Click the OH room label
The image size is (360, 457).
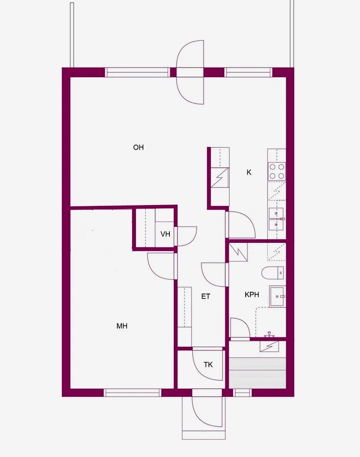coord(138,147)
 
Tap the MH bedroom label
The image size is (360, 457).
coord(122,326)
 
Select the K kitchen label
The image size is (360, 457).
coord(249,172)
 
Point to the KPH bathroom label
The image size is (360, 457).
coord(252,295)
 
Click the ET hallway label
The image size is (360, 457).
coord(206,297)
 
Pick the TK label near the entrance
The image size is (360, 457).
coord(208,365)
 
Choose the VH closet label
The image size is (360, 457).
coord(165,234)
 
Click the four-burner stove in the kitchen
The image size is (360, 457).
coord(277,171)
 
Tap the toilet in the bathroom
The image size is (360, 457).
coord(272,273)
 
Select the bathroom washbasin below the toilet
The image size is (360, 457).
coord(277,296)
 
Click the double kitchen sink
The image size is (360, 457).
coord(276,219)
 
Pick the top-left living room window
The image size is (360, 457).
coord(137,72)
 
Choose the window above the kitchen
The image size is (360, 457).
coord(248,72)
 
